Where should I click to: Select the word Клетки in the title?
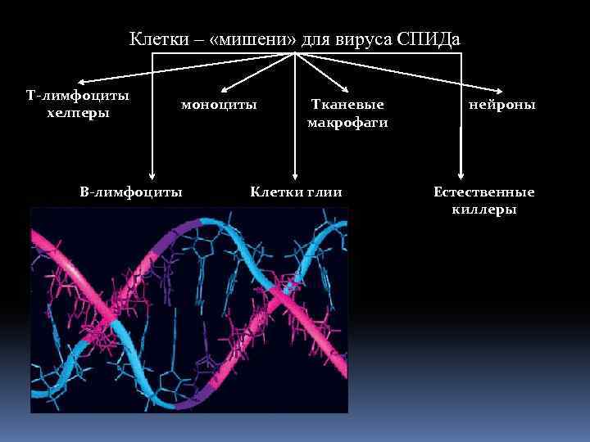tap(157, 39)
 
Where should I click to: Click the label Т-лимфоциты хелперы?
tap(78, 104)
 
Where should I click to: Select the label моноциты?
tap(219, 105)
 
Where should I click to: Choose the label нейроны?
tap(501, 105)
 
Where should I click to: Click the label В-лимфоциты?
tap(131, 192)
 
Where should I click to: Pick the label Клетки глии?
tap(296, 192)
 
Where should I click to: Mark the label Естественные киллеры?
tap(483, 201)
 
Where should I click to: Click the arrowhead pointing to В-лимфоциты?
tap(152, 175)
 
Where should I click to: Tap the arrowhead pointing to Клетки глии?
tap(294, 175)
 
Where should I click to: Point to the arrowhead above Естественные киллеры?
tap(461, 175)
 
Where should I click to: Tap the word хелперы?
tap(78, 113)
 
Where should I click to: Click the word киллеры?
tap(483, 210)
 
